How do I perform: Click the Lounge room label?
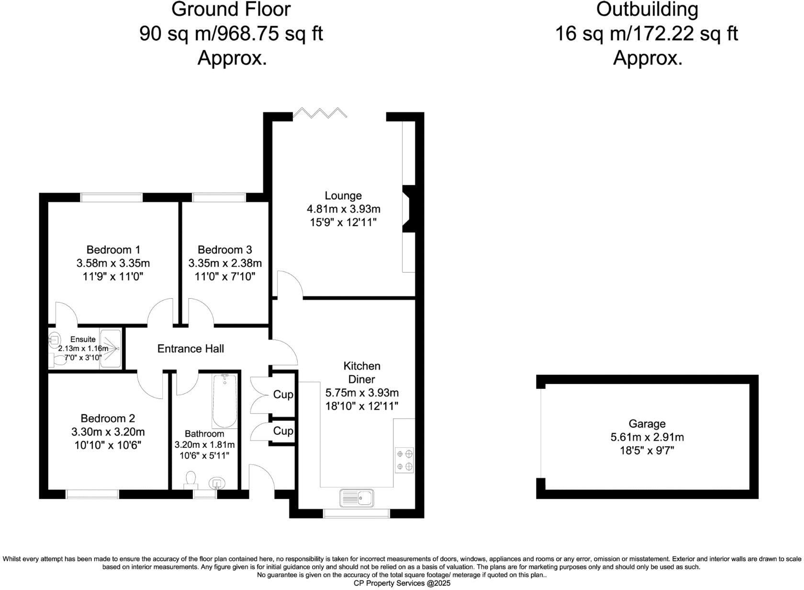point(343,195)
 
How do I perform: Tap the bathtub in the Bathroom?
point(224,401)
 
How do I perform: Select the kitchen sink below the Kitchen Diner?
point(357,498)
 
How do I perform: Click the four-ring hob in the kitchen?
point(405,460)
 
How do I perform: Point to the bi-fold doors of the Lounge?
point(320,114)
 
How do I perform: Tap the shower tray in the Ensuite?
point(111,349)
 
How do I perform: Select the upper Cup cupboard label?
point(283,395)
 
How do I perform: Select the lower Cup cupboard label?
point(283,431)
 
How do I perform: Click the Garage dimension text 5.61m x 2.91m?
point(647,437)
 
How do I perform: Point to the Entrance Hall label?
point(190,349)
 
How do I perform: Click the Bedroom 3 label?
point(224,250)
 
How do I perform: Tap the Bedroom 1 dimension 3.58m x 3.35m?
point(113,263)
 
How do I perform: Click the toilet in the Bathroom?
point(190,480)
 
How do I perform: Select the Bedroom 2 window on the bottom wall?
point(92,494)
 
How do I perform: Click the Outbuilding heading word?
point(647,10)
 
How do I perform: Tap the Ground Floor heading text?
point(231,10)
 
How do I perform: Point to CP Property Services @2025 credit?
point(402,583)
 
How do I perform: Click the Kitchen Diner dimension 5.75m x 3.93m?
point(362,393)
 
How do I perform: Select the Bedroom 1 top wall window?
point(112,197)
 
